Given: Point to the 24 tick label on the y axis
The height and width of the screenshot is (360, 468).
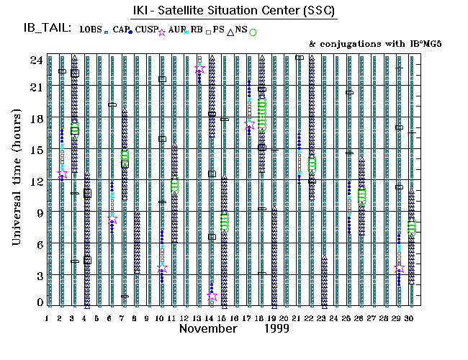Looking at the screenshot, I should tap(35, 60).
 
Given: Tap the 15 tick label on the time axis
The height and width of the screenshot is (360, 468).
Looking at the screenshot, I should tap(35, 149).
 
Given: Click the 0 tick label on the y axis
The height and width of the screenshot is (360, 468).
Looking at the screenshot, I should tap(39, 302).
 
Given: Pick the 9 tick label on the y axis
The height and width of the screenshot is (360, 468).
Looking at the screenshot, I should tap(39, 212).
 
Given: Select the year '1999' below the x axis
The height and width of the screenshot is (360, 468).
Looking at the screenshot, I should tap(276, 328).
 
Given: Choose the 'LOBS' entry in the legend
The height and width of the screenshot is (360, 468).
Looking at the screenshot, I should tap(91, 29).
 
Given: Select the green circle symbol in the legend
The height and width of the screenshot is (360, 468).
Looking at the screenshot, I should tap(253, 32).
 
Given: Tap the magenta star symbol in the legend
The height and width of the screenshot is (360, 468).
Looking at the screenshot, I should tap(162, 32).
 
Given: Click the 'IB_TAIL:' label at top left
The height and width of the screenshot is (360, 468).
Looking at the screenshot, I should tap(47, 29).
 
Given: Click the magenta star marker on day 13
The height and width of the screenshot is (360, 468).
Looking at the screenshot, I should tap(199, 69).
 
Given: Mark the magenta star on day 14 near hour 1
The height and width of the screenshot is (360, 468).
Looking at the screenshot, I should tap(212, 295).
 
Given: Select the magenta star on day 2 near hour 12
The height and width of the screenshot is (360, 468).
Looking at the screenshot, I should tap(62, 174).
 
